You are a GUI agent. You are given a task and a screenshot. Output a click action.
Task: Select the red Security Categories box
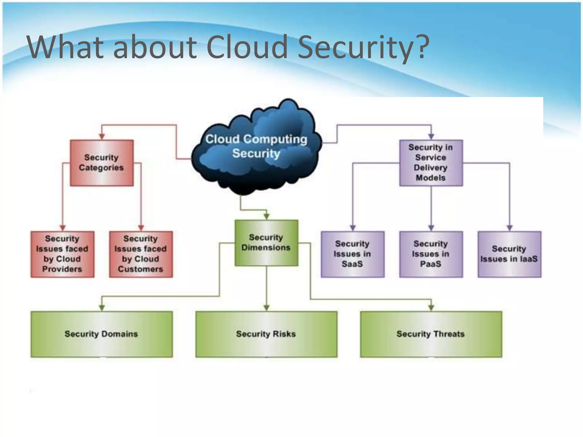pos(102,163)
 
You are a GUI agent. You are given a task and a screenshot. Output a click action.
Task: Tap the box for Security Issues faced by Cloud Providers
pos(62,254)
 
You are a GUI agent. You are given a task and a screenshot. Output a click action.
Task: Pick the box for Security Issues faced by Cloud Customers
pos(141,254)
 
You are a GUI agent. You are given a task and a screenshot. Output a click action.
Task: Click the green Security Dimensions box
pos(266,243)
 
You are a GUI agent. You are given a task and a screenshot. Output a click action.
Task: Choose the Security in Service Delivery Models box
pos(431,163)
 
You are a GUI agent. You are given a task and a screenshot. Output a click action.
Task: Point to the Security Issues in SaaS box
pos(352,254)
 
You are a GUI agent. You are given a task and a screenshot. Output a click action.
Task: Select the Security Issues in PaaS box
pos(431,254)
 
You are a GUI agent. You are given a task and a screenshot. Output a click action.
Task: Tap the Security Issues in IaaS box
pos(509,254)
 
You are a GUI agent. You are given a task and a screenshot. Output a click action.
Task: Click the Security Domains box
pos(102,334)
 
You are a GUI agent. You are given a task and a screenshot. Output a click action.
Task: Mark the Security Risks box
pos(266,334)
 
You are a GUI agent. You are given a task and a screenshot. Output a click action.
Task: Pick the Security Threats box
pos(431,334)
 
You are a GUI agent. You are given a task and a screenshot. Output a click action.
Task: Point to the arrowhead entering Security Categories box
pos(102,137)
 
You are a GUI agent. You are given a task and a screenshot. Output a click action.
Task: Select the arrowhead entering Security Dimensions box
pos(266,217)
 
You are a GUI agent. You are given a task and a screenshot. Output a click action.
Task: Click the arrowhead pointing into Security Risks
pos(266,308)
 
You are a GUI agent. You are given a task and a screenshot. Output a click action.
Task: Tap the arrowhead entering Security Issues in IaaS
pos(509,228)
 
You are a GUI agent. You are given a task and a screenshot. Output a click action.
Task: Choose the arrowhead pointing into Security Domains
pos(102,308)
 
